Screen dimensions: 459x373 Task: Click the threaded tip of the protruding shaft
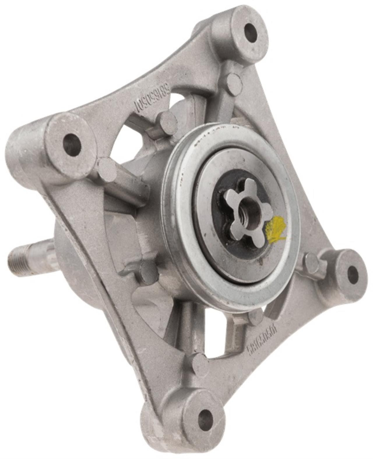22,257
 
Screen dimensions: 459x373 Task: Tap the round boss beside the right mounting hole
313,262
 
